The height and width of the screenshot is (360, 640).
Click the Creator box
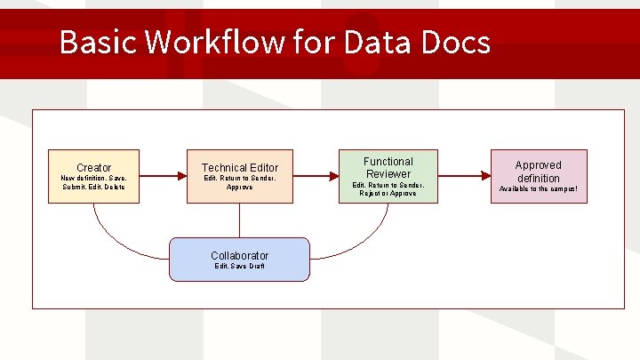(93, 176)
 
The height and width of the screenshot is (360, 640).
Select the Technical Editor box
(239, 176)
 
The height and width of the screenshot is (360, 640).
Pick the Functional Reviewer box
(388, 176)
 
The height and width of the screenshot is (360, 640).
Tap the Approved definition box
(538, 176)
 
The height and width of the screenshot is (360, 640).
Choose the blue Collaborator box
(239, 260)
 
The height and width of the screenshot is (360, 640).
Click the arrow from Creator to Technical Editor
(164, 176)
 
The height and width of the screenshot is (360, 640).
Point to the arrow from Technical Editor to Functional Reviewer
(315, 176)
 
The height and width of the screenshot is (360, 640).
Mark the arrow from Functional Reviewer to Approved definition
(463, 176)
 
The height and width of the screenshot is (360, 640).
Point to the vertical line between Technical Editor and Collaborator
(239, 220)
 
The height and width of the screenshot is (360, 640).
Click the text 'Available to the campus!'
(538, 188)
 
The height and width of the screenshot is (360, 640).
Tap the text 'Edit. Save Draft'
(239, 266)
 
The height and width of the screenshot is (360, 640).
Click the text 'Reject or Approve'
(388, 193)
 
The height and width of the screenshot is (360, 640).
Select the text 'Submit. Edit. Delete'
(93, 187)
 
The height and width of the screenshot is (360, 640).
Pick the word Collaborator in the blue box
(239, 255)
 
